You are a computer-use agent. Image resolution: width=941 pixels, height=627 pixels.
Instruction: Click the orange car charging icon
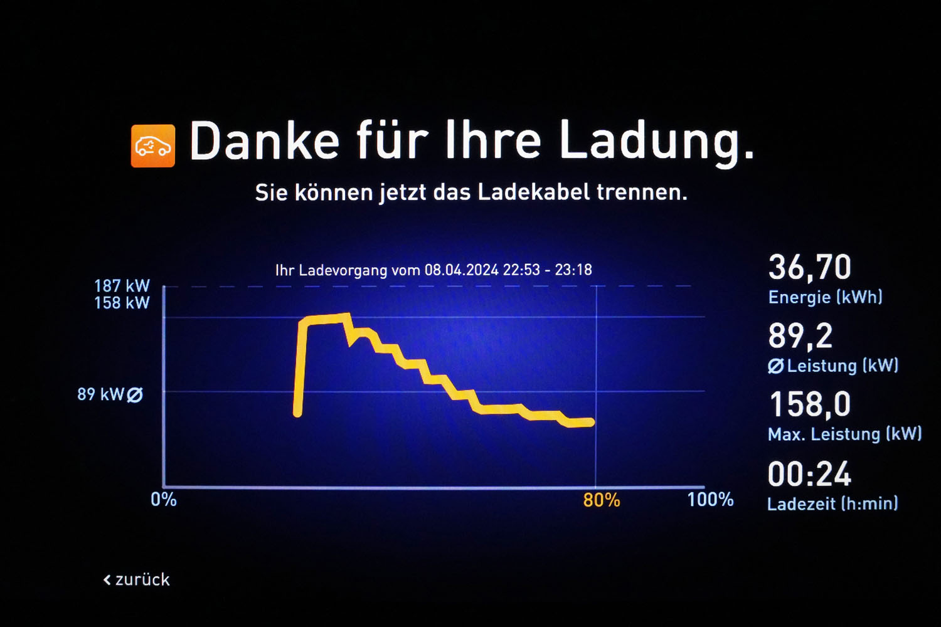point(152,146)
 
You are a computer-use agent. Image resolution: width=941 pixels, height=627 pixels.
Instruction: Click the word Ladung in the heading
point(656,142)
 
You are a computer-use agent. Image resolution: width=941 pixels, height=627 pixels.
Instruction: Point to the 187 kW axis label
point(122,286)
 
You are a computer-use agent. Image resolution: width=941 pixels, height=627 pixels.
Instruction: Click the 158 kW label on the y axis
point(122,303)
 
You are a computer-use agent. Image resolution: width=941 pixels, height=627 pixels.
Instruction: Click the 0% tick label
point(164,500)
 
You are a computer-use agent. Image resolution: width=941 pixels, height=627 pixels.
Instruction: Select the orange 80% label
point(601,500)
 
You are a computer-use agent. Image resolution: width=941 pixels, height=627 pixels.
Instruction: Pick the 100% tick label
point(710,500)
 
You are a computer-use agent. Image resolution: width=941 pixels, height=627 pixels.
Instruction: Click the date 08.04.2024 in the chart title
point(461,270)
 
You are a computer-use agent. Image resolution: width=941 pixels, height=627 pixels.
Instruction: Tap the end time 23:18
point(573,270)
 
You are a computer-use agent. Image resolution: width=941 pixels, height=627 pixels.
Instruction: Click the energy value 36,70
point(810,268)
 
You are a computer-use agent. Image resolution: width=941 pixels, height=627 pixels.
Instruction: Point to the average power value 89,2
point(800,336)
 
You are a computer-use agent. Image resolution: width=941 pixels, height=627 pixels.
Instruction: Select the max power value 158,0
point(810,404)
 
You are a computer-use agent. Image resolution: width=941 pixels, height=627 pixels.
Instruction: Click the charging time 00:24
point(809,474)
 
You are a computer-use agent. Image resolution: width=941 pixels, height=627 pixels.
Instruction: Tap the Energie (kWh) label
point(825,297)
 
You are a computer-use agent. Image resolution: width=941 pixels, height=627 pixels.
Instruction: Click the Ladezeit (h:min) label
point(832,503)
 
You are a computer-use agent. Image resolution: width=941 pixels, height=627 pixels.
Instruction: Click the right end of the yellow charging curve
point(590,423)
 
